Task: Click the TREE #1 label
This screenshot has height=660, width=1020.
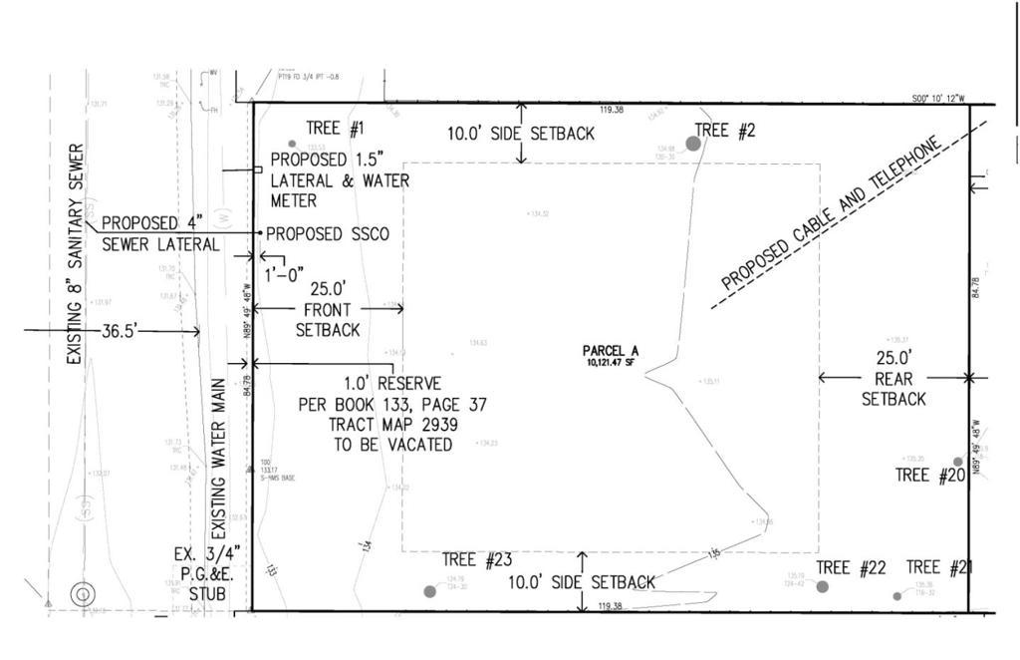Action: [335, 128]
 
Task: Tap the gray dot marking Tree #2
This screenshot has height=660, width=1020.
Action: [693, 144]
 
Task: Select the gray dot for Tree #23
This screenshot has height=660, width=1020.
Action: [430, 591]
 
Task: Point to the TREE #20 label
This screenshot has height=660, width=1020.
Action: [930, 476]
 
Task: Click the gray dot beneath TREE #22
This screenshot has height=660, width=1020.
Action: [823, 586]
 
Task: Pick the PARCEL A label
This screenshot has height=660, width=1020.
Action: [611, 351]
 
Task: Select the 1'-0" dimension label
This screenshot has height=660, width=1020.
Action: [284, 274]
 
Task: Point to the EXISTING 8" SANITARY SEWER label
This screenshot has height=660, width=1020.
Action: [76, 254]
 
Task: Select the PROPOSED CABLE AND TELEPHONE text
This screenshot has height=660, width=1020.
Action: [831, 215]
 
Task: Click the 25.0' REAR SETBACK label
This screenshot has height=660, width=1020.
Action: [893, 378]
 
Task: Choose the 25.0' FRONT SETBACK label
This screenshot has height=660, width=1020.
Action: [328, 308]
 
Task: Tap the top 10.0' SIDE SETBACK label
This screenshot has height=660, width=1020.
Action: [520, 133]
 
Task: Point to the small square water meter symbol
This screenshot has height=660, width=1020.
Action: [258, 169]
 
